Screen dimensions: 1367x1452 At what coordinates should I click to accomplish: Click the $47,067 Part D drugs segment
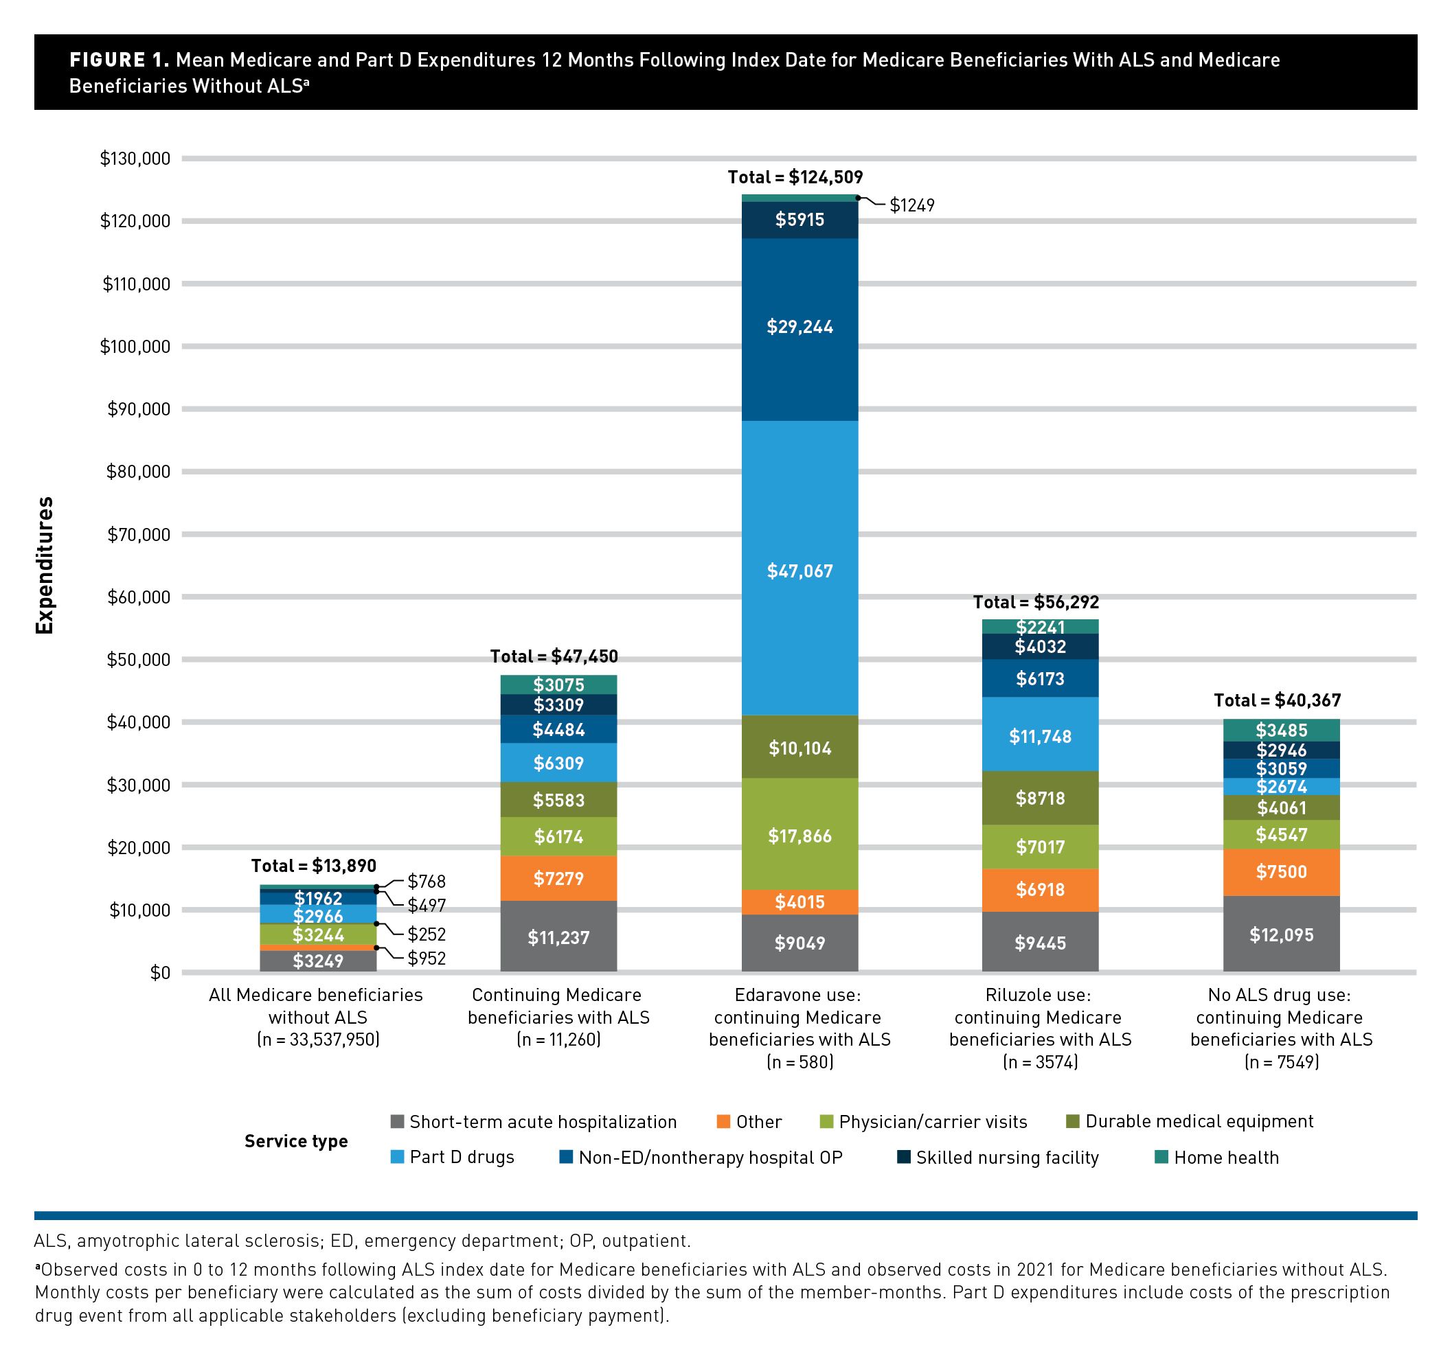click(799, 571)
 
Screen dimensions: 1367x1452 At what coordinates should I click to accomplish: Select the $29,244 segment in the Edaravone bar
click(799, 327)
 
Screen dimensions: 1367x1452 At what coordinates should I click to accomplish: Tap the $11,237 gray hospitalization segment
click(558, 937)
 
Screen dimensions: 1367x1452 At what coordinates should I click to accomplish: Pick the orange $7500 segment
click(1281, 872)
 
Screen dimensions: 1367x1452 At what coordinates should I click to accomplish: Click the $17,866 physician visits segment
click(799, 836)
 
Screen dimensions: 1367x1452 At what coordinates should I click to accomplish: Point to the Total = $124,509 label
click(795, 177)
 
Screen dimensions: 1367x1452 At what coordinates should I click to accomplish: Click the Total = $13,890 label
click(313, 866)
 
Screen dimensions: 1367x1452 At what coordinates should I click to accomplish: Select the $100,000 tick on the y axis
click(135, 346)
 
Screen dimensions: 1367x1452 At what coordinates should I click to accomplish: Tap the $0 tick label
click(159, 973)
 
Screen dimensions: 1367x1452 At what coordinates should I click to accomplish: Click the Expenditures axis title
click(45, 565)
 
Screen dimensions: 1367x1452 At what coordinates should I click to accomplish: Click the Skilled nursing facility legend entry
click(1006, 1158)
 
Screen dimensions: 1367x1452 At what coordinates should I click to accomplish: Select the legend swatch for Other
click(724, 1122)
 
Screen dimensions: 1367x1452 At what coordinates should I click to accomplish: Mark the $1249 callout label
click(911, 205)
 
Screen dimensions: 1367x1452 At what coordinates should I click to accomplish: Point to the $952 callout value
click(427, 958)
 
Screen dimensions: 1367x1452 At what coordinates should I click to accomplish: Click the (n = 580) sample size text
click(799, 1061)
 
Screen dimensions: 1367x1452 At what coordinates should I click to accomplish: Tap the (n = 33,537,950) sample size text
click(318, 1039)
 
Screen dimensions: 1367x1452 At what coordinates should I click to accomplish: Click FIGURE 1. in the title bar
click(120, 60)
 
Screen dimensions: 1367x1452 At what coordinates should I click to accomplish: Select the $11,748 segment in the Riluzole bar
click(1040, 736)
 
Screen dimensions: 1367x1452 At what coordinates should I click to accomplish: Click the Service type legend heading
click(296, 1140)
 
